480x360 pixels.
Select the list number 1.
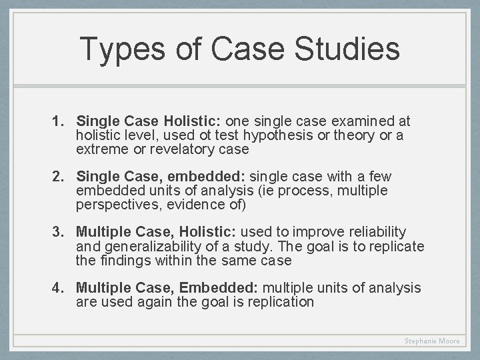pos(58,122)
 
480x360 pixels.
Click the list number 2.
pos(58,177)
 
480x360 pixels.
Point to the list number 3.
pos(58,232)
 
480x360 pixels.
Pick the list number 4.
pos(58,287)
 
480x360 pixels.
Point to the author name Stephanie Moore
pos(432,341)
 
